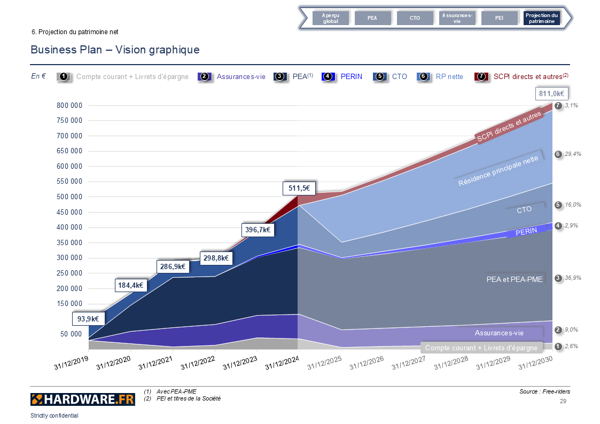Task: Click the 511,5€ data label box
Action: tap(299, 188)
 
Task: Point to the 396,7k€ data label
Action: tap(258, 230)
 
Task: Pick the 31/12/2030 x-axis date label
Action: tap(536, 363)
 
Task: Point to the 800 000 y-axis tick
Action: tap(69, 105)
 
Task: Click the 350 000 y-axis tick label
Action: tap(69, 243)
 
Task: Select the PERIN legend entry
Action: tap(351, 76)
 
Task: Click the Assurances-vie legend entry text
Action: tap(241, 76)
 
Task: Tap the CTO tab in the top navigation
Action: tap(415, 18)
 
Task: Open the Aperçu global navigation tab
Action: tap(330, 18)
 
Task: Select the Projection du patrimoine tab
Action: tap(542, 18)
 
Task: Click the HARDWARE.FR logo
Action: tap(82, 399)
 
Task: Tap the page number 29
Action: tap(563, 401)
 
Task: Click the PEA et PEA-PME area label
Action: tap(514, 279)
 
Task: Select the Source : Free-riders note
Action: tap(544, 392)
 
